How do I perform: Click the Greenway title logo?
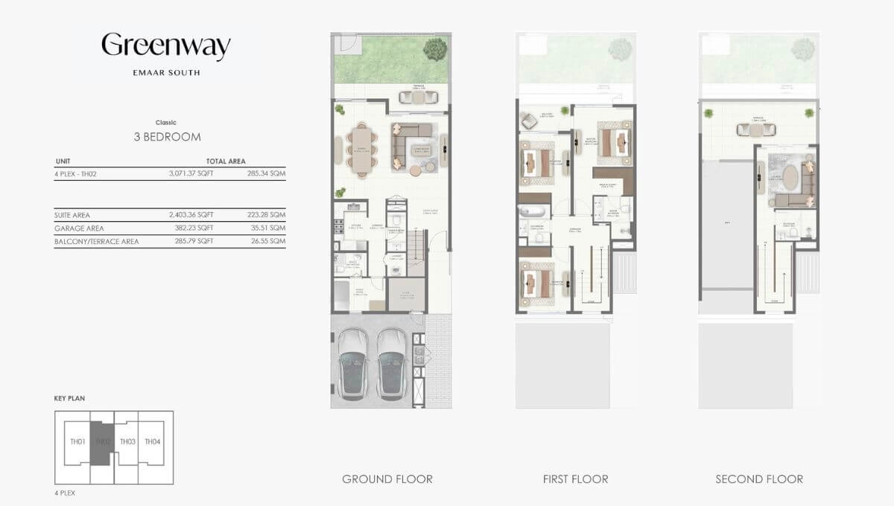(166, 46)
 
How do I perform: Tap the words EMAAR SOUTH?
(166, 73)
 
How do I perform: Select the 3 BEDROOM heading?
(166, 137)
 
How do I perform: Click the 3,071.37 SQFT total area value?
(191, 174)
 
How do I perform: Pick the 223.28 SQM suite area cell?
(267, 215)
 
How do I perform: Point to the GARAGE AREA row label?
(79, 228)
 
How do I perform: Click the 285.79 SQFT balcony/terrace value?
(191, 242)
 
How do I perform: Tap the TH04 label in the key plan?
(152, 442)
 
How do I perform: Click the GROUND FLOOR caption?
(387, 479)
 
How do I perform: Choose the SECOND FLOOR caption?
(759, 479)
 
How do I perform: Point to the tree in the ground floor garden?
(433, 49)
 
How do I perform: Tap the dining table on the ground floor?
(362, 149)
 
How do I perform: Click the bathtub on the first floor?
(533, 210)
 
